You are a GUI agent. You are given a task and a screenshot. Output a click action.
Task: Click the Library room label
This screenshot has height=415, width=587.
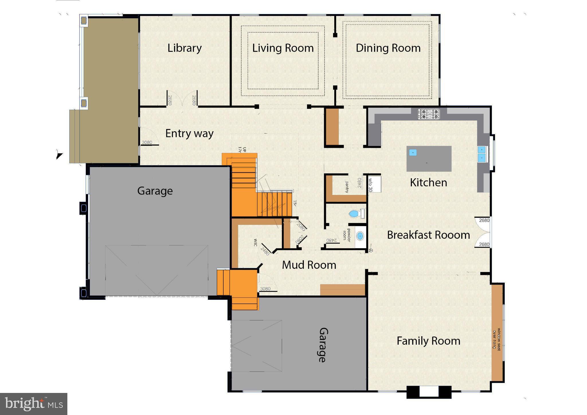tap(184, 48)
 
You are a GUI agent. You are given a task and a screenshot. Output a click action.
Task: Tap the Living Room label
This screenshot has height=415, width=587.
tap(283, 48)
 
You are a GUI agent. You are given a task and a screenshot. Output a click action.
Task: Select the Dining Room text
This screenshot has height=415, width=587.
tap(388, 48)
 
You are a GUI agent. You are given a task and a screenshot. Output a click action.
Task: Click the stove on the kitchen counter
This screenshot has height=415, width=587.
tap(428, 114)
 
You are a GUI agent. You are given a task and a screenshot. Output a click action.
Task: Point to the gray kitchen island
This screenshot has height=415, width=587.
tap(429, 159)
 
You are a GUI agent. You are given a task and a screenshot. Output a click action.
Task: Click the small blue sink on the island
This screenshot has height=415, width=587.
tap(413, 152)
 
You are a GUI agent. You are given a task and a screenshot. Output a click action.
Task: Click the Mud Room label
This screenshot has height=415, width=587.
tap(309, 265)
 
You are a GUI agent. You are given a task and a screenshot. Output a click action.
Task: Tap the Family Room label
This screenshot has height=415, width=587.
tap(428, 341)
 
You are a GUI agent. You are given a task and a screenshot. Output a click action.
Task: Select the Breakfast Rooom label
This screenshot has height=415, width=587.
tap(428, 235)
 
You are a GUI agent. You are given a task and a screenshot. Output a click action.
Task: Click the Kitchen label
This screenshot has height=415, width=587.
tap(428, 183)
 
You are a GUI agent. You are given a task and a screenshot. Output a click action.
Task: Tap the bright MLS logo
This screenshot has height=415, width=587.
tap(34, 404)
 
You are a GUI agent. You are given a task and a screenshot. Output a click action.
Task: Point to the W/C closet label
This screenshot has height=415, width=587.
tap(255, 242)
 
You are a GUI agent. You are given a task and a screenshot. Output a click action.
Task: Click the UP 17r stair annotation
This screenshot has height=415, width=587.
tap(242, 149)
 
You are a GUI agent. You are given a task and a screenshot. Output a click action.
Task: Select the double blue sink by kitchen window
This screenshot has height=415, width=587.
tap(482, 154)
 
